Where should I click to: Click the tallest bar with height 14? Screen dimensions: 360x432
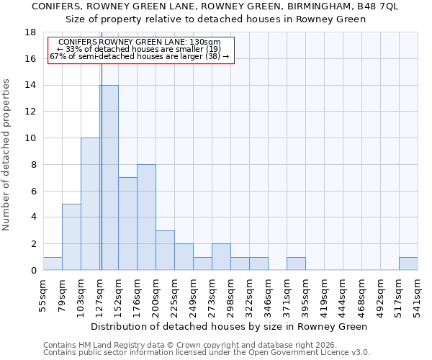tap(109, 177)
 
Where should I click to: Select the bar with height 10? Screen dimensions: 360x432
tap(90, 204)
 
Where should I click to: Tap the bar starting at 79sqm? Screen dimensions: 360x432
tap(71, 237)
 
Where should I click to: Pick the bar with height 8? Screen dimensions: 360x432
tap(146, 217)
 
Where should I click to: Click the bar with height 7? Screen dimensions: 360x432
tap(127, 223)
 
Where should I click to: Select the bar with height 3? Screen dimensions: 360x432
tap(165, 250)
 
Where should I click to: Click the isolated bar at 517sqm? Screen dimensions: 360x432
tap(408, 264)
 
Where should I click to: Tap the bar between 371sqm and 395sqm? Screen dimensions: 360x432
tap(296, 264)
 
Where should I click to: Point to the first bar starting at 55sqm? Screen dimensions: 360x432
tap(53, 264)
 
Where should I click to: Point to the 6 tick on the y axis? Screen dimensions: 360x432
tap(33, 191)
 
